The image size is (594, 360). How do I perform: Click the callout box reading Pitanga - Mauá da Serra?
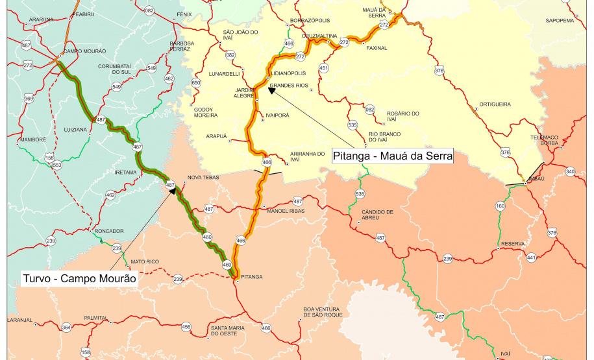click(391, 156)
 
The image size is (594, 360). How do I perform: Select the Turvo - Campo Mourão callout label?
click(79, 278)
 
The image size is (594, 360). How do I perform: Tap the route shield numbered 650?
click(196, 82)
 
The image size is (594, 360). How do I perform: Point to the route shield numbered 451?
click(324, 68)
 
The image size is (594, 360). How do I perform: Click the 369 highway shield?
click(29, 99)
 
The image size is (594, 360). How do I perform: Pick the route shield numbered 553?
click(57, 165)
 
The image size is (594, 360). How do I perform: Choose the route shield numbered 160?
click(500, 206)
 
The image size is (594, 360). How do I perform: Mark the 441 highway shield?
click(532, 258)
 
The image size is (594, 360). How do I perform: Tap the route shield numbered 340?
click(570, 171)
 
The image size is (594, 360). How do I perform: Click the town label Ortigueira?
click(495, 104)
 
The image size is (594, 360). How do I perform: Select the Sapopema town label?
click(560, 20)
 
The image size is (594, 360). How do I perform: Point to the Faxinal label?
click(377, 48)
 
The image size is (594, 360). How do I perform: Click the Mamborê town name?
click(32, 139)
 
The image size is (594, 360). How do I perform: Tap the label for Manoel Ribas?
click(285, 211)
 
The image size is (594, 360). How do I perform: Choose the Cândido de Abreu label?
click(377, 215)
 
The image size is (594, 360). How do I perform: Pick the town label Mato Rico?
click(145, 262)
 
